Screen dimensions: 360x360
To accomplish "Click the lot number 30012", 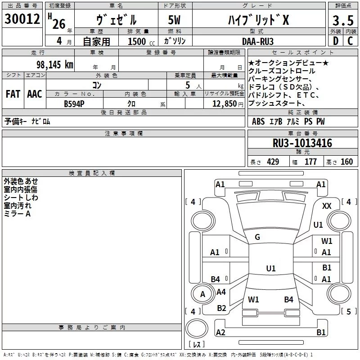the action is (22, 19).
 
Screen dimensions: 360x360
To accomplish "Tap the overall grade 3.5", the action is (343, 20).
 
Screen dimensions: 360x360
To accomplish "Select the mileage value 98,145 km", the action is (54, 64).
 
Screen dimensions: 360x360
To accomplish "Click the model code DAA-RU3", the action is (258, 41).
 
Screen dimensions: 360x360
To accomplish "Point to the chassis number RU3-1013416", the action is (302, 143).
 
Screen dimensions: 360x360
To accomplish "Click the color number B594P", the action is (74, 104).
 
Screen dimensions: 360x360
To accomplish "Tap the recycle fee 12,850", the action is (224, 103).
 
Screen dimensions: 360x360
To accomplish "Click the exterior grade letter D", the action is (336, 41).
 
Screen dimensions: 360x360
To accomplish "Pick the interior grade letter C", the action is (350, 41).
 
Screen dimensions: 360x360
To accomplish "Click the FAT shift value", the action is (13, 94).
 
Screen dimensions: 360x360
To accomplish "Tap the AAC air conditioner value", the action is (35, 94).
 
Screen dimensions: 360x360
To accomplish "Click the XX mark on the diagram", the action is (327, 206).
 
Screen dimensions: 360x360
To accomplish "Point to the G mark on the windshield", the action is (257, 237).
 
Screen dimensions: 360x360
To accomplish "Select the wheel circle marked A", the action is (203, 294).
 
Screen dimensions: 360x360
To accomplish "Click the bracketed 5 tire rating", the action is (349, 311).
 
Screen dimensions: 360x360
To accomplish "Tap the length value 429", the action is (273, 162).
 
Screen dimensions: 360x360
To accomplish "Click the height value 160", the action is (346, 162).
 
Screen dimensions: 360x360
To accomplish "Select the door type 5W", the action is (175, 20).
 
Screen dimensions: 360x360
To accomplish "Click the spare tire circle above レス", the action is (197, 328).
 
